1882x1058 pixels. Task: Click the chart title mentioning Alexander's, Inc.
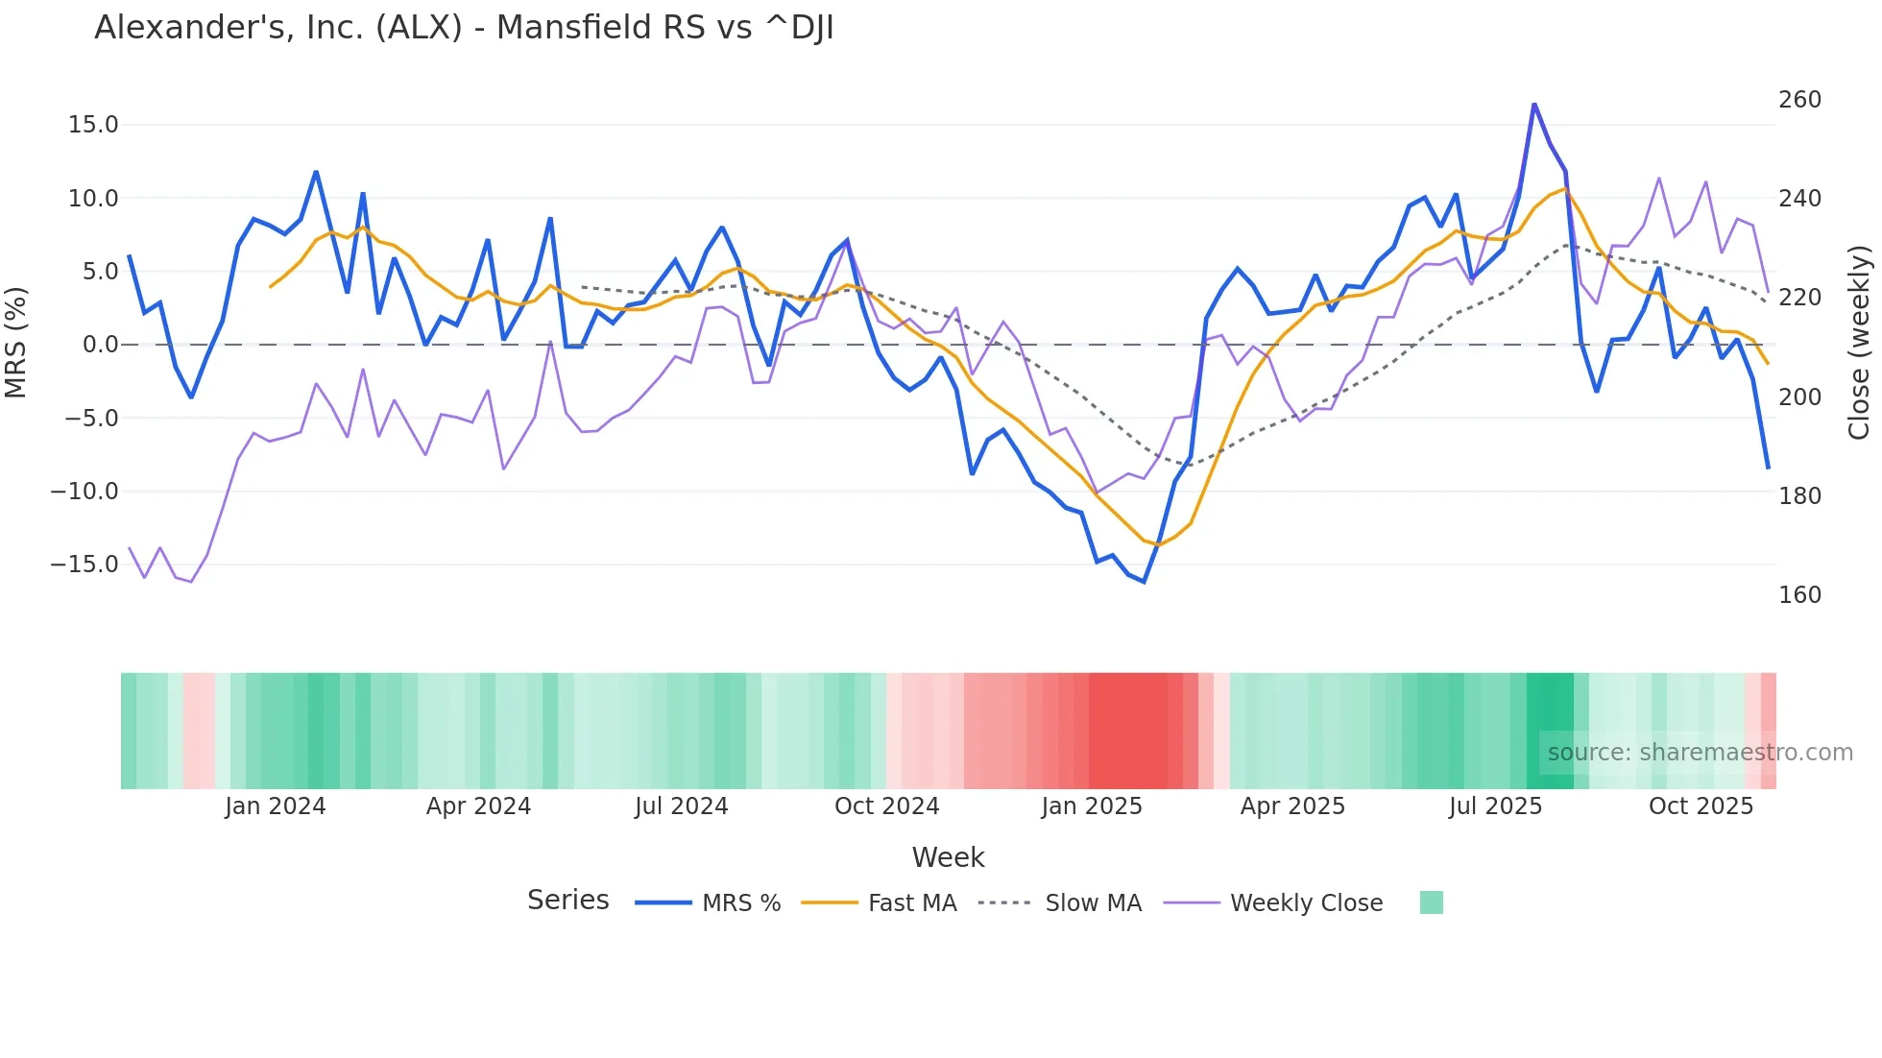click(x=464, y=28)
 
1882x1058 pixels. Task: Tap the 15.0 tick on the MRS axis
click(x=93, y=125)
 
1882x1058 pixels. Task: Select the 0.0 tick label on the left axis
click(x=100, y=345)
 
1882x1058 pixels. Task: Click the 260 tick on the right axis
click(x=1799, y=100)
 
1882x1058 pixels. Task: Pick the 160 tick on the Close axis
click(x=1799, y=595)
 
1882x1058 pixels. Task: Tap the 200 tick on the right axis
click(x=1799, y=397)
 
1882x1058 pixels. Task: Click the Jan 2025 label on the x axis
click(x=1092, y=806)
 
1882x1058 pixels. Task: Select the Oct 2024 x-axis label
click(x=886, y=806)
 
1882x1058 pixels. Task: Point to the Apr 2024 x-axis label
click(x=478, y=806)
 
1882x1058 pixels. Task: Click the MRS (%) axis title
click(x=16, y=343)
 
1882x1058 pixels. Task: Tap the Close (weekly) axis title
click(x=1859, y=343)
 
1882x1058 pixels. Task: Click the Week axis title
click(x=948, y=857)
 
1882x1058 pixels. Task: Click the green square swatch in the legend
click(x=1431, y=902)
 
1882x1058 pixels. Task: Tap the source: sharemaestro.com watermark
click(x=1700, y=753)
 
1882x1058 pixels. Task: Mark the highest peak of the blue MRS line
click(x=1534, y=104)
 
